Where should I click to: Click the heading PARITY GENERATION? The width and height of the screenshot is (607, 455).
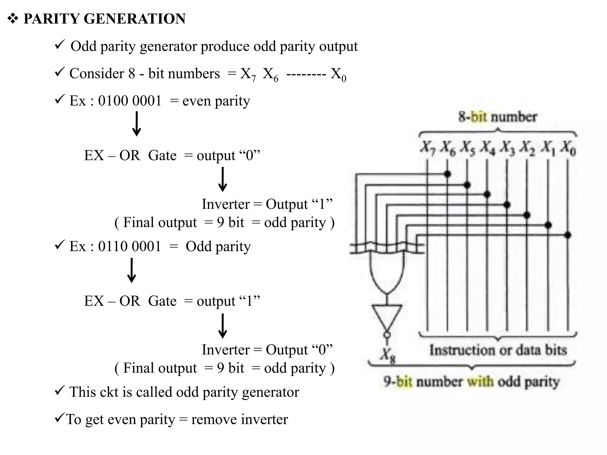(104, 19)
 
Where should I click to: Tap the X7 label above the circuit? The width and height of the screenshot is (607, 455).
(427, 147)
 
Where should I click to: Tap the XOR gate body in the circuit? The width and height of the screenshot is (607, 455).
(386, 273)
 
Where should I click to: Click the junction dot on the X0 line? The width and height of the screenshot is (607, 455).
(568, 235)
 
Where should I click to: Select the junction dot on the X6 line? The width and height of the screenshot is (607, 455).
(447, 174)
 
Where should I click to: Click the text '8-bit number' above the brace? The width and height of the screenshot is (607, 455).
(498, 117)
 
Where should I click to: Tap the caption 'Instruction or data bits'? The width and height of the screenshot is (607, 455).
(498, 350)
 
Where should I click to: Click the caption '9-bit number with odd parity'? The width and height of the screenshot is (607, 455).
(471, 382)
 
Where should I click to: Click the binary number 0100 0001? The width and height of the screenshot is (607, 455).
(130, 101)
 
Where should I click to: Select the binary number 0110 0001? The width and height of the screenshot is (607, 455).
(130, 246)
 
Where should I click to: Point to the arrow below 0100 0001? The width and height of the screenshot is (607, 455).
(137, 124)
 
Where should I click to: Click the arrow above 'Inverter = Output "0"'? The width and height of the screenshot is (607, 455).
(223, 326)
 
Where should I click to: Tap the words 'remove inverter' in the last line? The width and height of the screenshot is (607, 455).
(239, 419)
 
